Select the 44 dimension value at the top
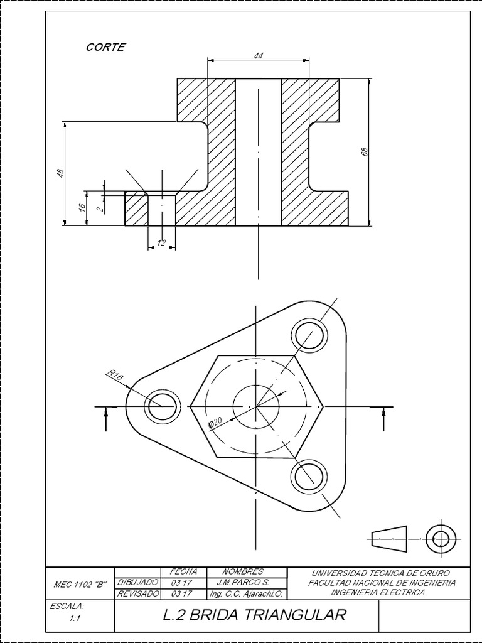click(258, 55)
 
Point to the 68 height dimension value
click(364, 152)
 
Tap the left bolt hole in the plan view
click(163, 406)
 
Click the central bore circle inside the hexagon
click(256, 406)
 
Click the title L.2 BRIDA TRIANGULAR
click(254, 615)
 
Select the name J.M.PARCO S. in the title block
click(242, 582)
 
